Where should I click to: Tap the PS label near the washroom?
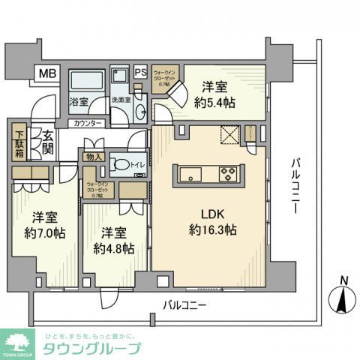141,73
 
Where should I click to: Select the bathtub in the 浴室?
89,82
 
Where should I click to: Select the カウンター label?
88,123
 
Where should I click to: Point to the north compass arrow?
341,302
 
